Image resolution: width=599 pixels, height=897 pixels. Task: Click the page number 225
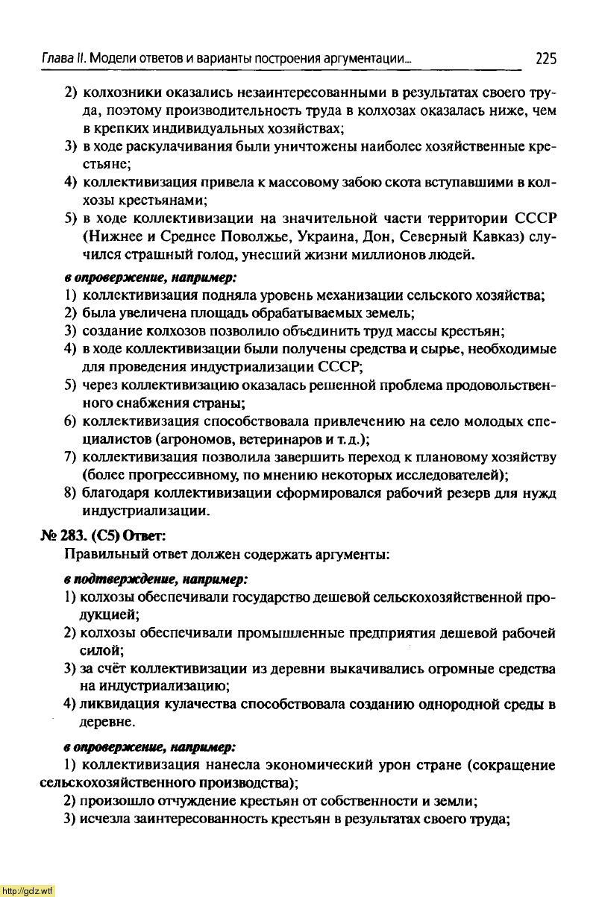pos(545,58)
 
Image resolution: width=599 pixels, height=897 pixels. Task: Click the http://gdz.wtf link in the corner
pos(28,890)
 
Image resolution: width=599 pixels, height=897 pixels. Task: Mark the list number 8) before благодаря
pos(71,494)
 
